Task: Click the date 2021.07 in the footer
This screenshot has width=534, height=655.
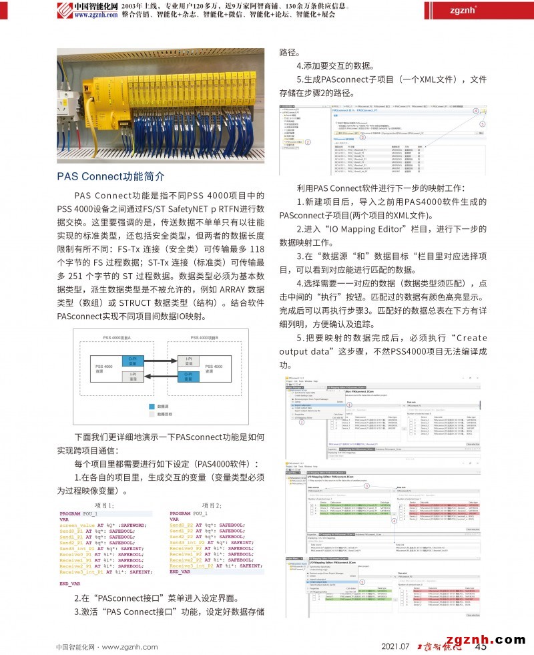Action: pyautogui.click(x=394, y=646)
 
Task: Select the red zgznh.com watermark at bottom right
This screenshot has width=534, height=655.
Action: pyautogui.click(x=485, y=639)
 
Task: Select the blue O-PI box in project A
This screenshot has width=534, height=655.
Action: pyautogui.click(x=132, y=361)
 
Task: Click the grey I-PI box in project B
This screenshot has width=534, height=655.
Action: pyautogui.click(x=186, y=361)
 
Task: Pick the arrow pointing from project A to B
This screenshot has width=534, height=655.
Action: pyautogui.click(x=160, y=361)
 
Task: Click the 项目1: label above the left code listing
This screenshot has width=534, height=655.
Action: pyautogui.click(x=105, y=487)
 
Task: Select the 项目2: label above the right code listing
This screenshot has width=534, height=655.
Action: pyautogui.click(x=211, y=487)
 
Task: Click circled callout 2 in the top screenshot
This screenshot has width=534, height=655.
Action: pyautogui.click(x=308, y=142)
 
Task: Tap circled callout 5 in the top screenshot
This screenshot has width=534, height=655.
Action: pyautogui.click(x=483, y=123)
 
